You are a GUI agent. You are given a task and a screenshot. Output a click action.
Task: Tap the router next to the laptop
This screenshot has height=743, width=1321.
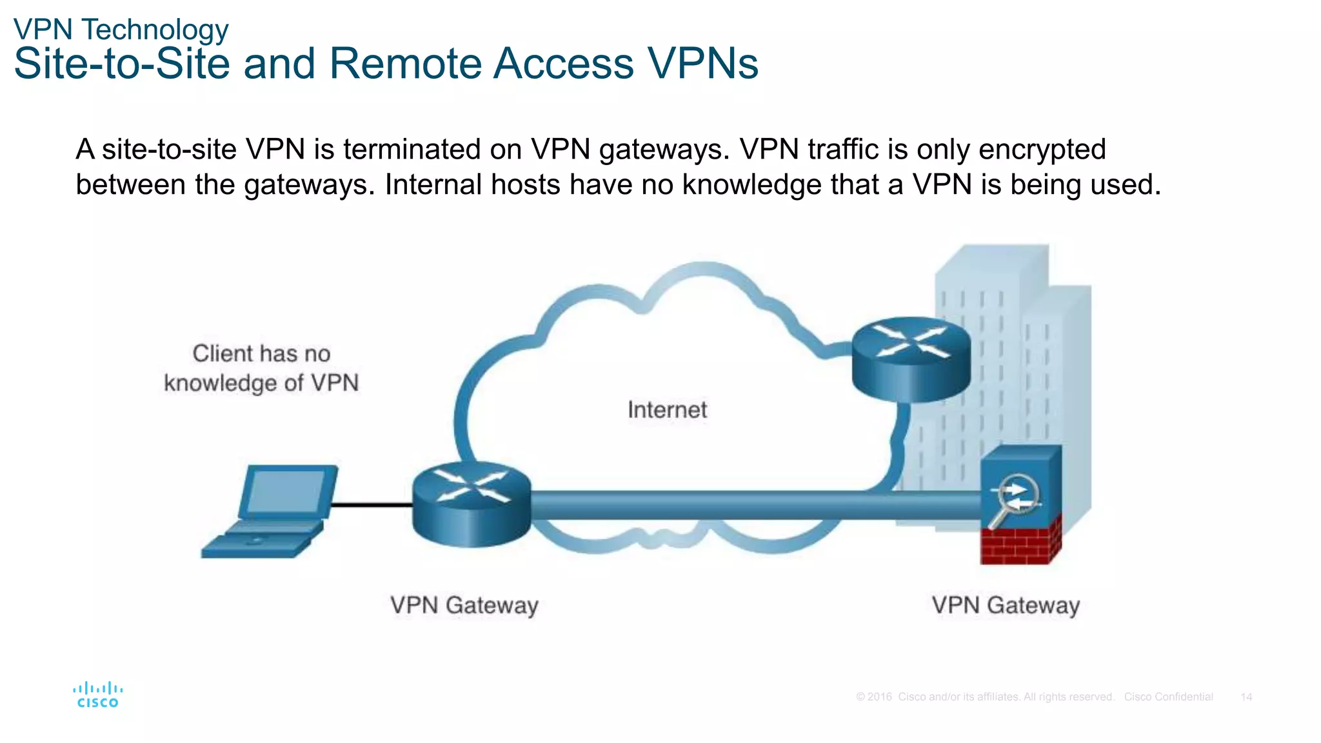tap(472, 504)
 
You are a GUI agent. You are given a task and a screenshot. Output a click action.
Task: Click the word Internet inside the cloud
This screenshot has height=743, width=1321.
tap(667, 410)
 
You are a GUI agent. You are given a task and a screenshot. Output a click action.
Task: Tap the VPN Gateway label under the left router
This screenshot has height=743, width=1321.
tap(464, 606)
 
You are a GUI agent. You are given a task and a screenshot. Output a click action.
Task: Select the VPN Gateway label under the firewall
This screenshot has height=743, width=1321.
tap(1006, 606)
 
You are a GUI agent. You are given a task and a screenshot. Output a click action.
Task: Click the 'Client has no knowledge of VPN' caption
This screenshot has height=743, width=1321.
tap(261, 368)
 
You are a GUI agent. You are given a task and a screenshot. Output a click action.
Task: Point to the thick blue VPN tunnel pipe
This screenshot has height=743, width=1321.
tap(710, 505)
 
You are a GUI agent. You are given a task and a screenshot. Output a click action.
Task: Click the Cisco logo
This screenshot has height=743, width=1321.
tap(98, 695)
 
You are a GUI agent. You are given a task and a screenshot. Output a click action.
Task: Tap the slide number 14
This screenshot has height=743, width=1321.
tap(1246, 697)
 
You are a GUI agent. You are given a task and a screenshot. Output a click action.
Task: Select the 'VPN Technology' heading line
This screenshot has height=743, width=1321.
tap(121, 30)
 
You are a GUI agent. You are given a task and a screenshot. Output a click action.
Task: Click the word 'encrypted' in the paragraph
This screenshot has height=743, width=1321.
tap(1042, 150)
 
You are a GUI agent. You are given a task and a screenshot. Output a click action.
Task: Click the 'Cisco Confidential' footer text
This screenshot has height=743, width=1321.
tap(1168, 697)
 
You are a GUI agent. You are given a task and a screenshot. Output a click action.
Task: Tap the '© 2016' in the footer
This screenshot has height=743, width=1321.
tap(874, 697)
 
